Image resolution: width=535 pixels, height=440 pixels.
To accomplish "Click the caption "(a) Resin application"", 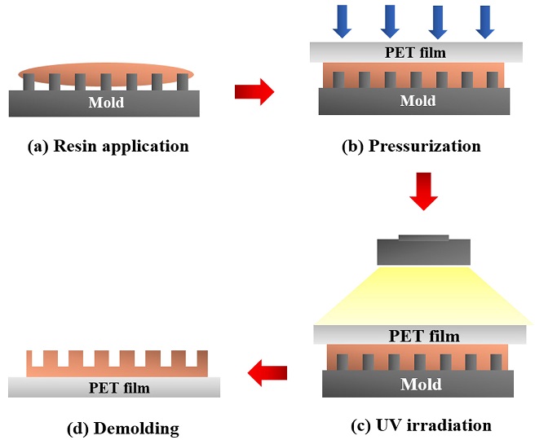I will pos(108,147).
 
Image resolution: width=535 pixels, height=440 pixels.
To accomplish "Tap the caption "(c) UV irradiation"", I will pos(423,425).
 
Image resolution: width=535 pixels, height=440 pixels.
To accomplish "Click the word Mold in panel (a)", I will pos(107,103).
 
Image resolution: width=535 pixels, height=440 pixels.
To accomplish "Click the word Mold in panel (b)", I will pos(417,101).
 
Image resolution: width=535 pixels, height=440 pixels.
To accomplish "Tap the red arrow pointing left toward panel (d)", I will pos(267,374).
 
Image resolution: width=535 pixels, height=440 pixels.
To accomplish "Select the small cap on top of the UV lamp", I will pos(423,238).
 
